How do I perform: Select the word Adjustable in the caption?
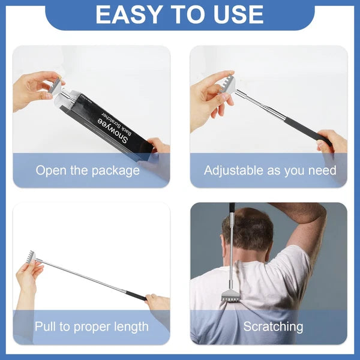click(231, 170)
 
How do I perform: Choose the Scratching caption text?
click(273, 327)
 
